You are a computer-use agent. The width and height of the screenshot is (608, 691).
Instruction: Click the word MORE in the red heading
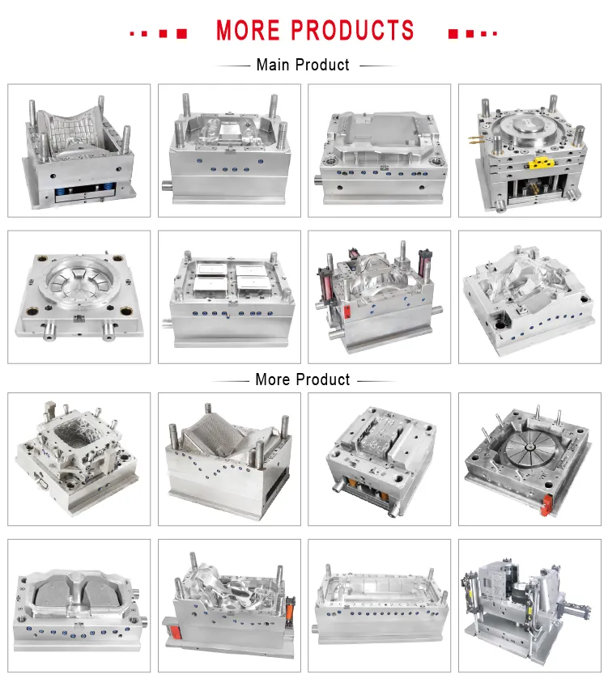point(249,31)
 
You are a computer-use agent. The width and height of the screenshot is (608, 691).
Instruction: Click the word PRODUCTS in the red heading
point(352,31)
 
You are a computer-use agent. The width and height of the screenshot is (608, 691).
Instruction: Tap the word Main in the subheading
point(273,65)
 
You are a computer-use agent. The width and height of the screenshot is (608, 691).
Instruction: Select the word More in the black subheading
point(273,379)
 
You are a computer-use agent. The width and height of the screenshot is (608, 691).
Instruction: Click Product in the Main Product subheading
point(322,65)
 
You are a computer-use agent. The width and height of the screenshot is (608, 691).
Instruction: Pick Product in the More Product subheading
point(323,379)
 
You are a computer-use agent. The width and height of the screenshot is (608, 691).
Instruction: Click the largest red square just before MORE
point(181,33)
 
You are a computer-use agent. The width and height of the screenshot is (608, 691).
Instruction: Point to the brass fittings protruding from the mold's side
point(474,140)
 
